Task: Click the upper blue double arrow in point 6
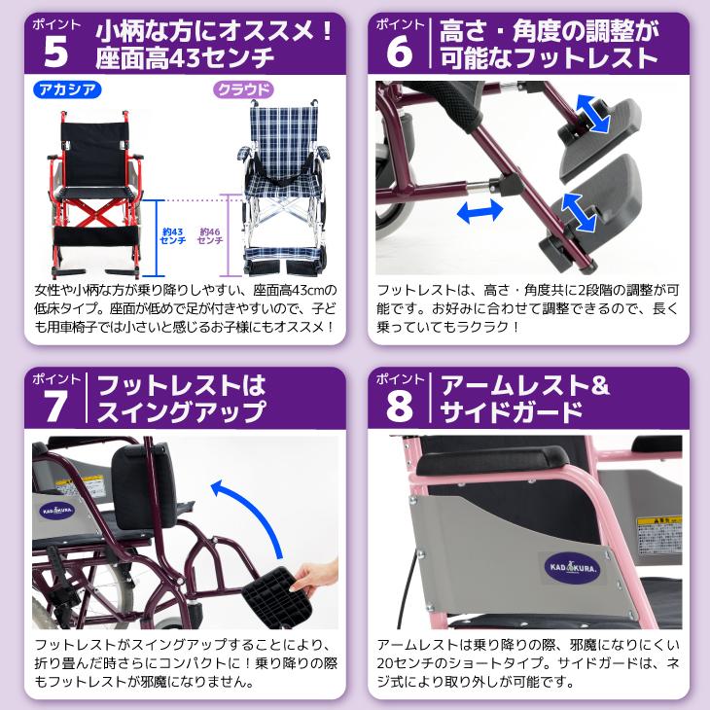[590, 112]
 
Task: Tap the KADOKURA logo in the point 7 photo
[59, 507]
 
